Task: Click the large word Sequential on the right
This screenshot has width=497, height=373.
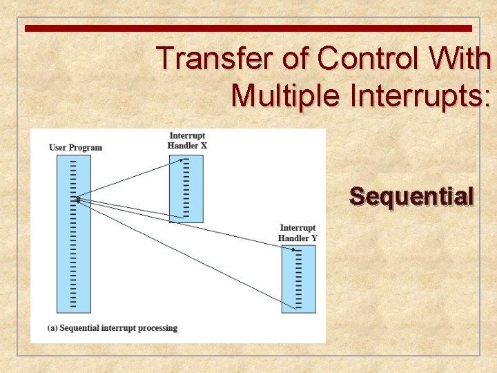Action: tap(412, 197)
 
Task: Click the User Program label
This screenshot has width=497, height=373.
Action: tap(75, 147)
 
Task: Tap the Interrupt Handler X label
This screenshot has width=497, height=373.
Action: tap(187, 140)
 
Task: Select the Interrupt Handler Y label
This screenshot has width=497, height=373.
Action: tap(298, 233)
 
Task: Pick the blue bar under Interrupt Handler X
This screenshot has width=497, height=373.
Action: tap(186, 188)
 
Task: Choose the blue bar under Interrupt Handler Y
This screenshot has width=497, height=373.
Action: tap(298, 279)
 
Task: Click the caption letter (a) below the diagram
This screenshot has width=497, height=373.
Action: tap(52, 328)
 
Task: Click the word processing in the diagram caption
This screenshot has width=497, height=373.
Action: tap(157, 328)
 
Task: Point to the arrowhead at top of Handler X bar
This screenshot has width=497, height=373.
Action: tap(182, 160)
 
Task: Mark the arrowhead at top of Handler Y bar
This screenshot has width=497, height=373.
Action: tap(295, 249)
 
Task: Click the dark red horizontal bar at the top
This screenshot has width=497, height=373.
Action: tap(248, 28)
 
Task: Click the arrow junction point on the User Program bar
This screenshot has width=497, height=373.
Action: tap(78, 200)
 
